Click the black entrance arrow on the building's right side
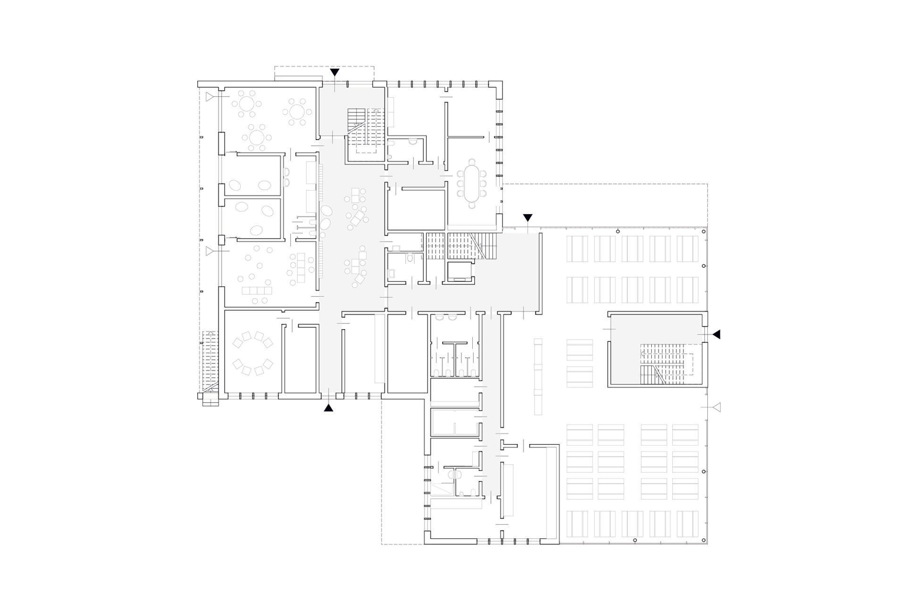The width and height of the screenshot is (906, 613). coord(716,334)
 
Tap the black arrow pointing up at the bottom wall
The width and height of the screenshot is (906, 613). coord(328,408)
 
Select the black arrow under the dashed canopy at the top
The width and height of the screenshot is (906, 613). coord(335,72)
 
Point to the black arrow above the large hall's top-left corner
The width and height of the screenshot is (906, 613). coord(528,217)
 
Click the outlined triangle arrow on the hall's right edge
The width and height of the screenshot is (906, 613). coord(716,407)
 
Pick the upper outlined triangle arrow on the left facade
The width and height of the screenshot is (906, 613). coord(210,97)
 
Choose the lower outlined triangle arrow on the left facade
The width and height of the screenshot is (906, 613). coord(210,251)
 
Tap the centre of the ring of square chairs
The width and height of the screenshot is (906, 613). coord(252,354)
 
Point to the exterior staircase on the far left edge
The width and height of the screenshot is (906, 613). coord(210,361)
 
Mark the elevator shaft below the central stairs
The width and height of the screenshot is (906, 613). coord(459,272)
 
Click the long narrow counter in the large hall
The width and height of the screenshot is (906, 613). coord(538,376)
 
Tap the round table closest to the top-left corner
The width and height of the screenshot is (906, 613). coord(246,104)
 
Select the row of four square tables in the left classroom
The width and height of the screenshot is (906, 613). coord(257,290)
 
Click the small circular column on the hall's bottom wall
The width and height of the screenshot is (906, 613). coord(635,540)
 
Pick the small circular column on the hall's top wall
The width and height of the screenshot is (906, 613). coord(618,232)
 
